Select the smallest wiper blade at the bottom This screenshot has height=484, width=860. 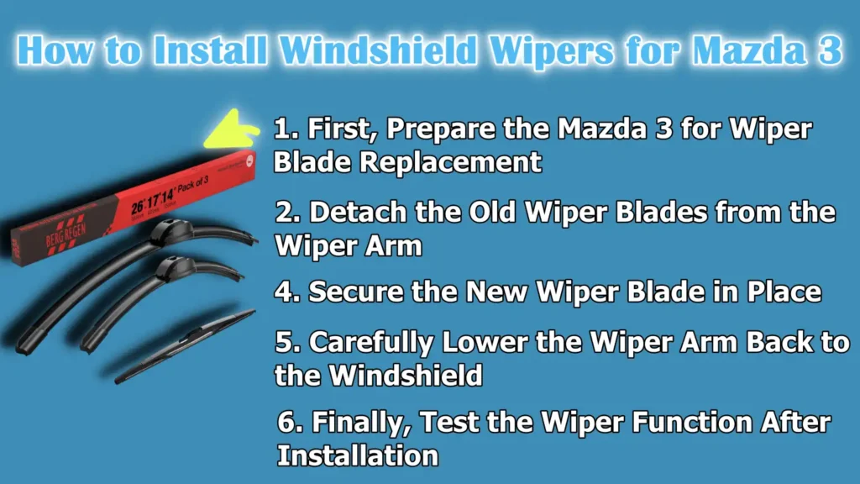tap(185, 345)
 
